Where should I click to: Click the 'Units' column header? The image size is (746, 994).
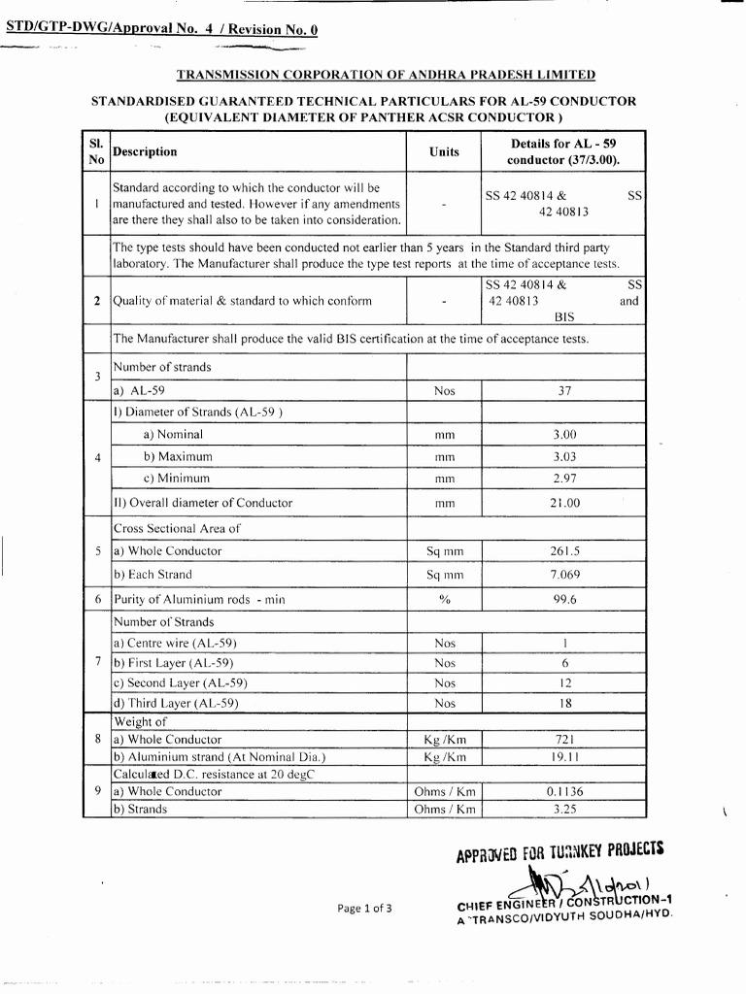click(444, 151)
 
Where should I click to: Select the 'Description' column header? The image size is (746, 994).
click(145, 151)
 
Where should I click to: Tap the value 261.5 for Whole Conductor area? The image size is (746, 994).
click(564, 550)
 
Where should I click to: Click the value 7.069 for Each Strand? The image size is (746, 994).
click(564, 575)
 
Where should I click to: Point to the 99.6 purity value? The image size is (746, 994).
click(564, 600)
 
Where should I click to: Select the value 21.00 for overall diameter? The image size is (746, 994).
click(564, 503)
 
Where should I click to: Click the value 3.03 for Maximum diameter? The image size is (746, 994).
click(564, 456)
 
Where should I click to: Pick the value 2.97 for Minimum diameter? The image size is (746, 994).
click(564, 479)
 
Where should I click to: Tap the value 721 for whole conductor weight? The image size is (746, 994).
click(564, 740)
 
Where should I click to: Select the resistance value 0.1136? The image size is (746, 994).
click(564, 791)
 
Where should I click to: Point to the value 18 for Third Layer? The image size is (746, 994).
click(564, 703)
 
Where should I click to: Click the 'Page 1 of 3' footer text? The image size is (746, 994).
click(364, 909)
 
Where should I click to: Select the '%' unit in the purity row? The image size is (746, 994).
click(444, 600)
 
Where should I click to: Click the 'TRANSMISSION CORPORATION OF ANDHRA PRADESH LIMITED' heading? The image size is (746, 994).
click(386, 75)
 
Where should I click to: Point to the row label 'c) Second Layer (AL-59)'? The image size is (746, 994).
click(174, 683)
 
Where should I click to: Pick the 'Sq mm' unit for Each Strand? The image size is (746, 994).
click(444, 575)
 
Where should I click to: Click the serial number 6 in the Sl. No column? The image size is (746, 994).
click(97, 600)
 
